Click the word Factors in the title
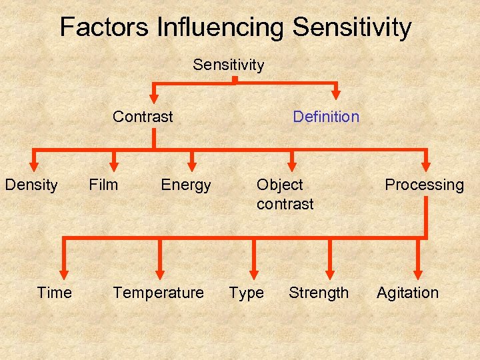click(x=104, y=27)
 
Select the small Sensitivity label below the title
click(x=228, y=65)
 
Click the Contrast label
click(x=143, y=117)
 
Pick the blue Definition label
click(x=326, y=117)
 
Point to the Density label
click(x=31, y=185)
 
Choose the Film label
click(x=103, y=185)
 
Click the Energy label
click(x=186, y=185)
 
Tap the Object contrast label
click(x=285, y=194)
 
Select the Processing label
click(x=424, y=185)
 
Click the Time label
click(x=55, y=293)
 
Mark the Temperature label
click(x=158, y=293)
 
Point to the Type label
click(x=246, y=293)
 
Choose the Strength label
click(x=319, y=293)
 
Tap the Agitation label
click(x=407, y=293)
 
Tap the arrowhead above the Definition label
click(x=337, y=95)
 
